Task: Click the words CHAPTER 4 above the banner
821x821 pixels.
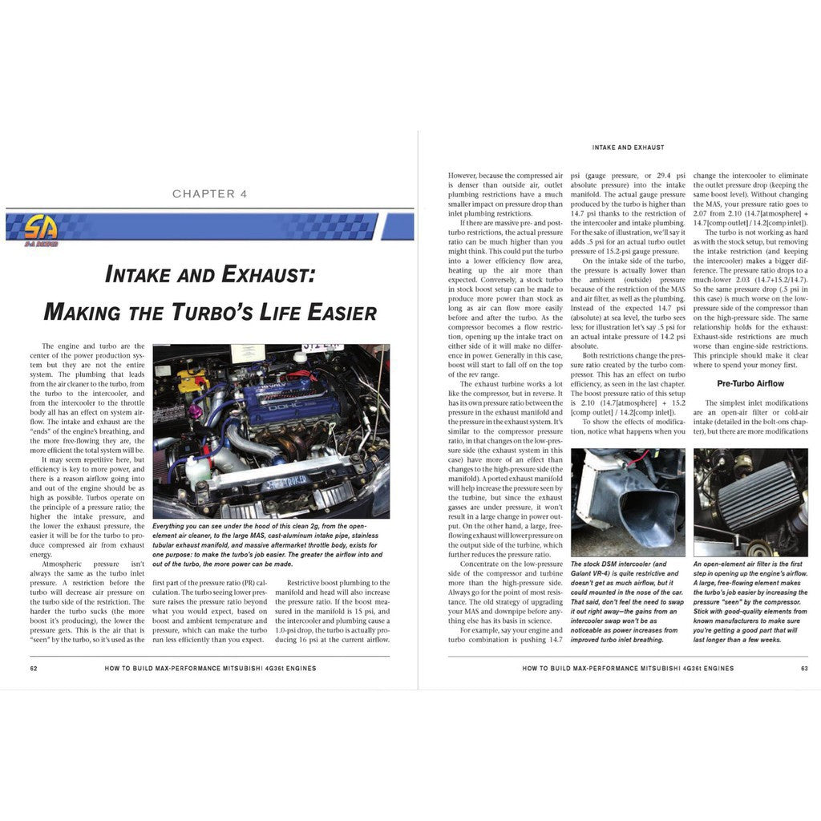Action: [204, 194]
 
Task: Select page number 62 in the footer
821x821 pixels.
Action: [34, 667]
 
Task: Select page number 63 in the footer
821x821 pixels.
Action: [803, 667]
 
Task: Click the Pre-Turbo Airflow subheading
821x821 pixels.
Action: [750, 383]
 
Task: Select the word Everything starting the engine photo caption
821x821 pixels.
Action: [172, 526]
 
